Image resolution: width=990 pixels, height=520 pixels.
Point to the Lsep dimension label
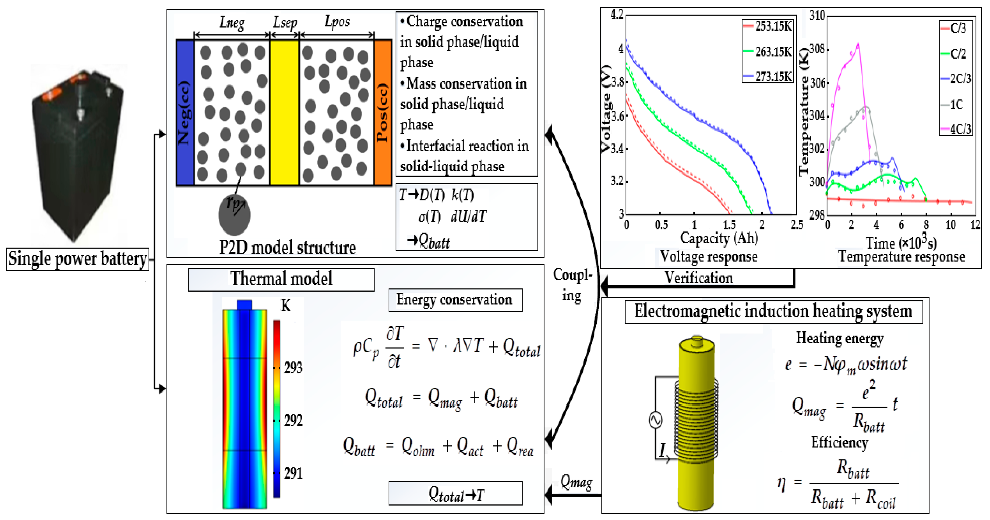click(x=285, y=22)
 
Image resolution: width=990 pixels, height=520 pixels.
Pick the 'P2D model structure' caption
click(x=288, y=247)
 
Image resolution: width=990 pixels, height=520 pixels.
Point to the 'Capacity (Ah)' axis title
click(x=719, y=238)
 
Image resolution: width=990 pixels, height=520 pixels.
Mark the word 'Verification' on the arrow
click(x=699, y=278)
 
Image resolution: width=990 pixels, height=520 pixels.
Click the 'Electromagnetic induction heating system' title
click(x=773, y=311)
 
